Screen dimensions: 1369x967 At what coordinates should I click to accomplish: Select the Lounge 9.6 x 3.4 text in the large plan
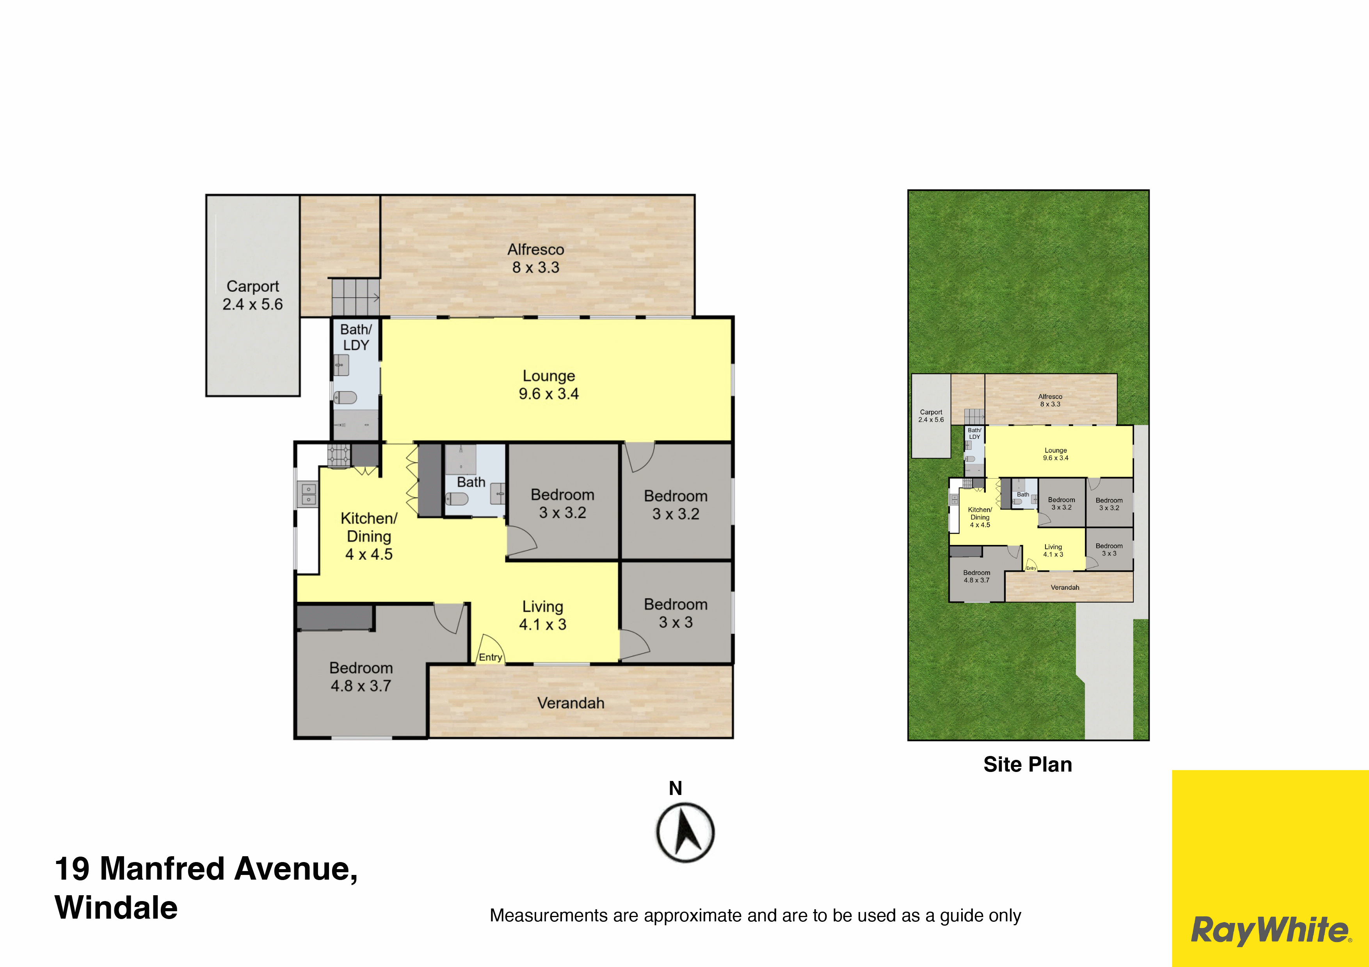549,385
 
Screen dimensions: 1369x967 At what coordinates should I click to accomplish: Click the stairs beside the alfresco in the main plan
356,297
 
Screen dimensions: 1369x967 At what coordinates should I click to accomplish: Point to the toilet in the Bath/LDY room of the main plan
345,397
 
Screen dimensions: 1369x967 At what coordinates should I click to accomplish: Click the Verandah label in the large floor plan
571,703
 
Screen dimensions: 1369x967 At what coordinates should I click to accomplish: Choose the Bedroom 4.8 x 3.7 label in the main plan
361,677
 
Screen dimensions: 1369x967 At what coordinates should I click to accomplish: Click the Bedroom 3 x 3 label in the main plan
676,613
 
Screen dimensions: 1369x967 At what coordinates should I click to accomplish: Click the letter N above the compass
675,788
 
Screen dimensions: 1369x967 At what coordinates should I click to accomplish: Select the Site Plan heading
1028,765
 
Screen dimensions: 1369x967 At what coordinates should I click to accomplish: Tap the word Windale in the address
116,907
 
